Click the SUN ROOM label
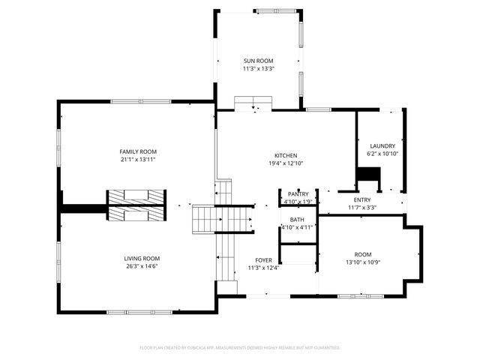point(258,61)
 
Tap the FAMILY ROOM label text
point(137,151)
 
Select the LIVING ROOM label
point(142,258)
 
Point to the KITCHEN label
point(285,156)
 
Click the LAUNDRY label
point(382,145)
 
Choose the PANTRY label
point(298,194)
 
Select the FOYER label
point(262,260)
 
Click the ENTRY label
point(362,199)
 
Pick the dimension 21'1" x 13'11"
point(137,159)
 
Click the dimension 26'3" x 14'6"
point(142,265)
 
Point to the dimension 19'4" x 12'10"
point(285,163)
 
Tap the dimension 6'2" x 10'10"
point(382,153)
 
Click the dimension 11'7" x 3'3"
point(362,207)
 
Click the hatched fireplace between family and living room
point(135,206)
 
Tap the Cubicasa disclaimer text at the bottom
point(240,347)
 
